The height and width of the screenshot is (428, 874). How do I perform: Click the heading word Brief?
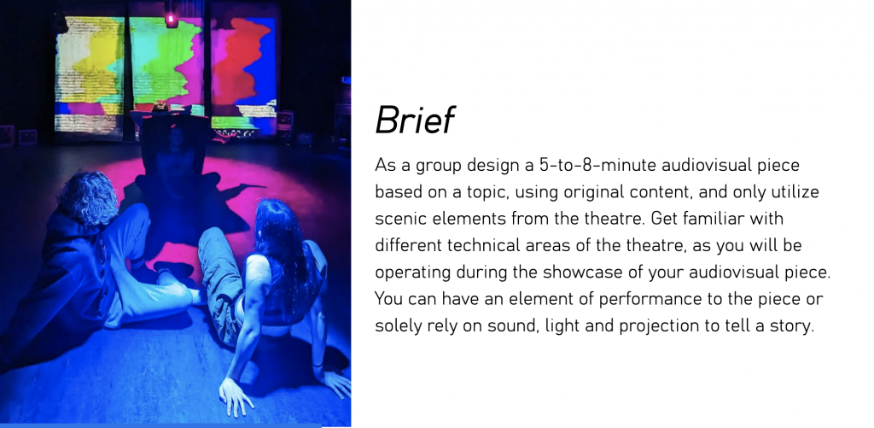416,120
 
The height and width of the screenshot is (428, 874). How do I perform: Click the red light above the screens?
172,21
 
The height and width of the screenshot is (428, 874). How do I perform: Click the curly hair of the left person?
89,198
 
